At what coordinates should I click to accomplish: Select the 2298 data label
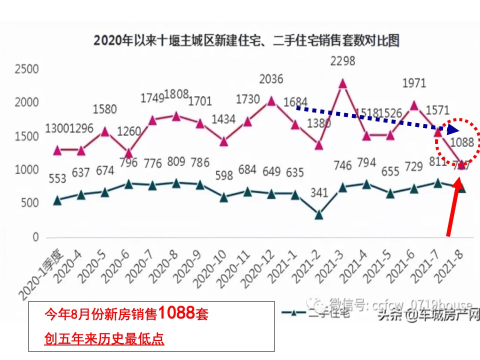point(342,61)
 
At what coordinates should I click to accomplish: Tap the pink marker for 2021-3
point(342,83)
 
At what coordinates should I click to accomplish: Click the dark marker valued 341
point(318,214)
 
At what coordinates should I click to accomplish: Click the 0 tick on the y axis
point(35,237)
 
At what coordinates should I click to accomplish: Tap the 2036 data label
point(271,79)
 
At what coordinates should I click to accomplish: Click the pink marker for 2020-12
point(271,101)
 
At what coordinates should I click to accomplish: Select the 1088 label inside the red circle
point(461,142)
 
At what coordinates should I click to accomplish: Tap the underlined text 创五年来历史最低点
point(104,339)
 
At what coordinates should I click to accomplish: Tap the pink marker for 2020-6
point(129,152)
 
